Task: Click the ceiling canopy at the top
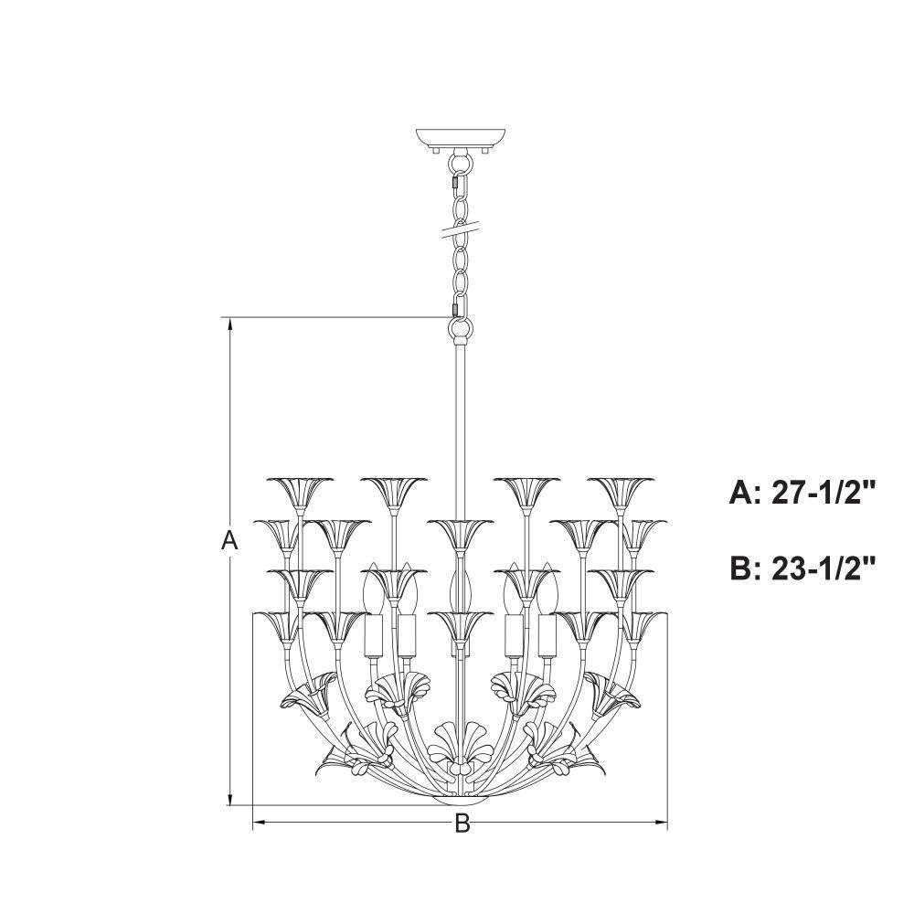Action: (x=461, y=138)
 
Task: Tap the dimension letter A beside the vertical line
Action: (x=230, y=541)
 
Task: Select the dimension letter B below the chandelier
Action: (x=462, y=824)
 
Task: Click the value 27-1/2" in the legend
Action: (x=824, y=492)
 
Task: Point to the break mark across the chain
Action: (x=462, y=228)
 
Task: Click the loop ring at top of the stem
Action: (x=461, y=331)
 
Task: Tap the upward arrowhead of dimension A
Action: (x=231, y=324)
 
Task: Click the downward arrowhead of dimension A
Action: (x=231, y=798)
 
